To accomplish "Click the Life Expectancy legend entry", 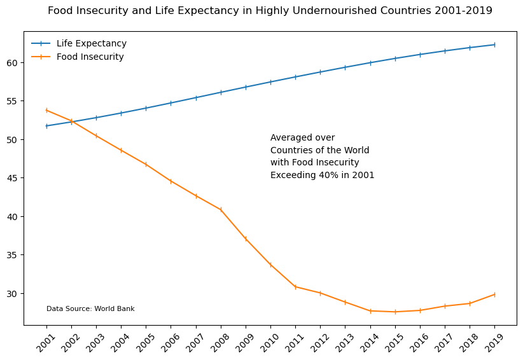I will click(x=91, y=44).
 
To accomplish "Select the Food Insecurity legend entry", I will click(x=90, y=57).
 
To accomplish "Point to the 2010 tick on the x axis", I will click(x=270, y=340).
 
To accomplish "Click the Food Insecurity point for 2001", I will click(x=46, y=110).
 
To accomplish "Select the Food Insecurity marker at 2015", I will click(x=395, y=312).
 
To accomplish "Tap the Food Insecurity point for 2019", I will click(x=494, y=294).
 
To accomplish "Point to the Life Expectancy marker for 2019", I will click(x=494, y=45).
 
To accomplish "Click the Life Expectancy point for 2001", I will click(x=46, y=126).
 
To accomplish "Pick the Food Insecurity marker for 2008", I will click(x=221, y=210).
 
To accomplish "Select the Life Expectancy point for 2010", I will click(x=270, y=82).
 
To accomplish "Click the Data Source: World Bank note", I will click(x=90, y=309).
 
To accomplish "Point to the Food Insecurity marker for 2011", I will click(x=295, y=287).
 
